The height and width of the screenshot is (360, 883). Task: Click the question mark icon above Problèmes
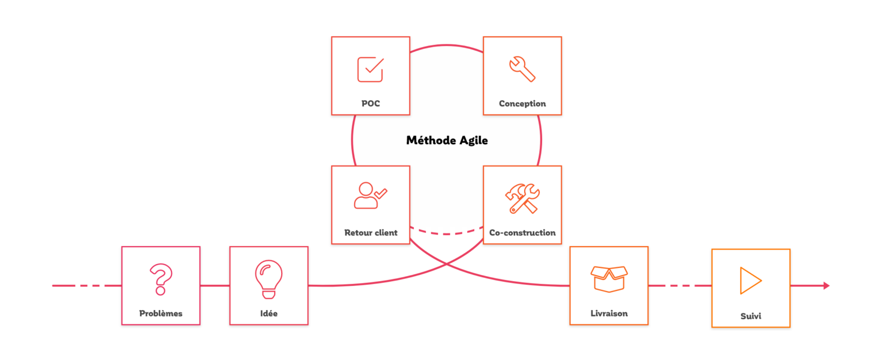click(160, 279)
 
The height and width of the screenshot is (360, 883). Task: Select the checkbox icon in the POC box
click(370, 69)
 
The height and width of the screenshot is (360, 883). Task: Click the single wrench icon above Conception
click(522, 68)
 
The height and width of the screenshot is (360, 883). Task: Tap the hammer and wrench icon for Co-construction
click(522, 198)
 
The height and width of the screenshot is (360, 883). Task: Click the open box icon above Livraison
click(609, 279)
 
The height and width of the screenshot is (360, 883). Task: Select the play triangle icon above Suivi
click(750, 281)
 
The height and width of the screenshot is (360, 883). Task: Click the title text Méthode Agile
click(447, 140)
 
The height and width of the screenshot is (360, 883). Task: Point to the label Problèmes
click(160, 313)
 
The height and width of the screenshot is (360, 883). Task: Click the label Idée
click(268, 313)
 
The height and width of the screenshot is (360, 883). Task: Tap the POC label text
click(370, 104)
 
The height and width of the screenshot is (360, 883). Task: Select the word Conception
click(522, 104)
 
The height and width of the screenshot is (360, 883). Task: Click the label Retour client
click(370, 233)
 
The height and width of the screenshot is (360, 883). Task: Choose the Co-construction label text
click(522, 233)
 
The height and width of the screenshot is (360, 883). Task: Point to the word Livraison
click(609, 313)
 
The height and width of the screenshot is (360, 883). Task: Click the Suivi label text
click(750, 316)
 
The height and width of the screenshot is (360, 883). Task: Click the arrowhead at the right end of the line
click(827, 285)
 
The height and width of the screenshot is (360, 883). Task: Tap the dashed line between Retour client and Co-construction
click(447, 233)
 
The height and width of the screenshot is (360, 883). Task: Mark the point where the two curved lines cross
click(447, 264)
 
